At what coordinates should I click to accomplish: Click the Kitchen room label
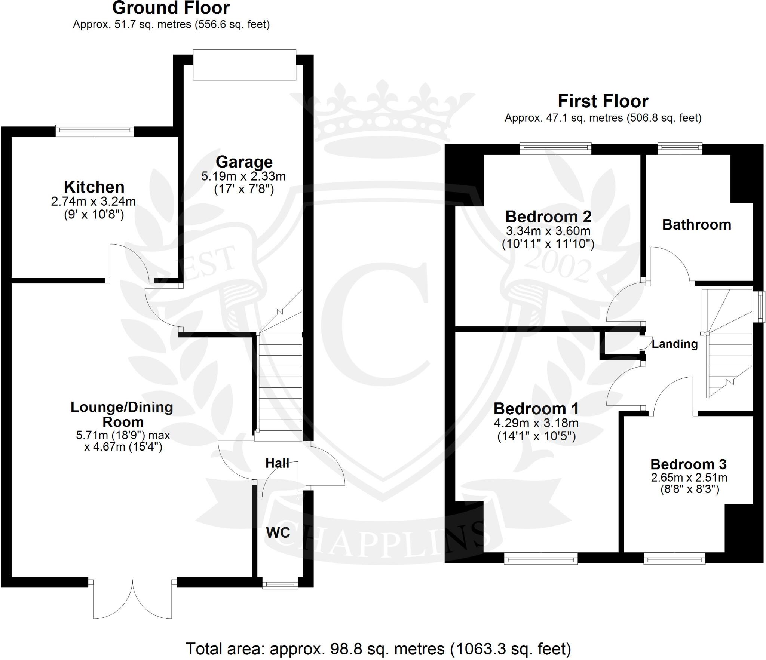pos(94,187)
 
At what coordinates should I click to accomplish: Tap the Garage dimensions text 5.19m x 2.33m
pos(243,176)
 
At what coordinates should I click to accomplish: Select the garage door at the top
pos(245,65)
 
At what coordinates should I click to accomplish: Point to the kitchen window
pos(95,131)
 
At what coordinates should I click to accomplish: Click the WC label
pos(278,533)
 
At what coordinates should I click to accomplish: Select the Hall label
pos(277,463)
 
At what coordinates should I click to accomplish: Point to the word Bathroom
pos(697,225)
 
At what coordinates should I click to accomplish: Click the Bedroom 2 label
pos(548,217)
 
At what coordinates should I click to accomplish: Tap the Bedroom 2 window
pos(556,149)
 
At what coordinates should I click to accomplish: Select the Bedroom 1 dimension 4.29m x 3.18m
pos(536,423)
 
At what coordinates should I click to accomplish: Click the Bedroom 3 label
pos(688,464)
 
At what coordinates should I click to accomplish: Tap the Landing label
pos(675,344)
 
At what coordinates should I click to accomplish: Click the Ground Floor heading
pos(171,8)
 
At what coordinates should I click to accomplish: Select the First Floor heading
pos(603,101)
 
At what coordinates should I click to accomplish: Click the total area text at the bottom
pos(379,649)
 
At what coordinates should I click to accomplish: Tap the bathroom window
pos(680,149)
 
